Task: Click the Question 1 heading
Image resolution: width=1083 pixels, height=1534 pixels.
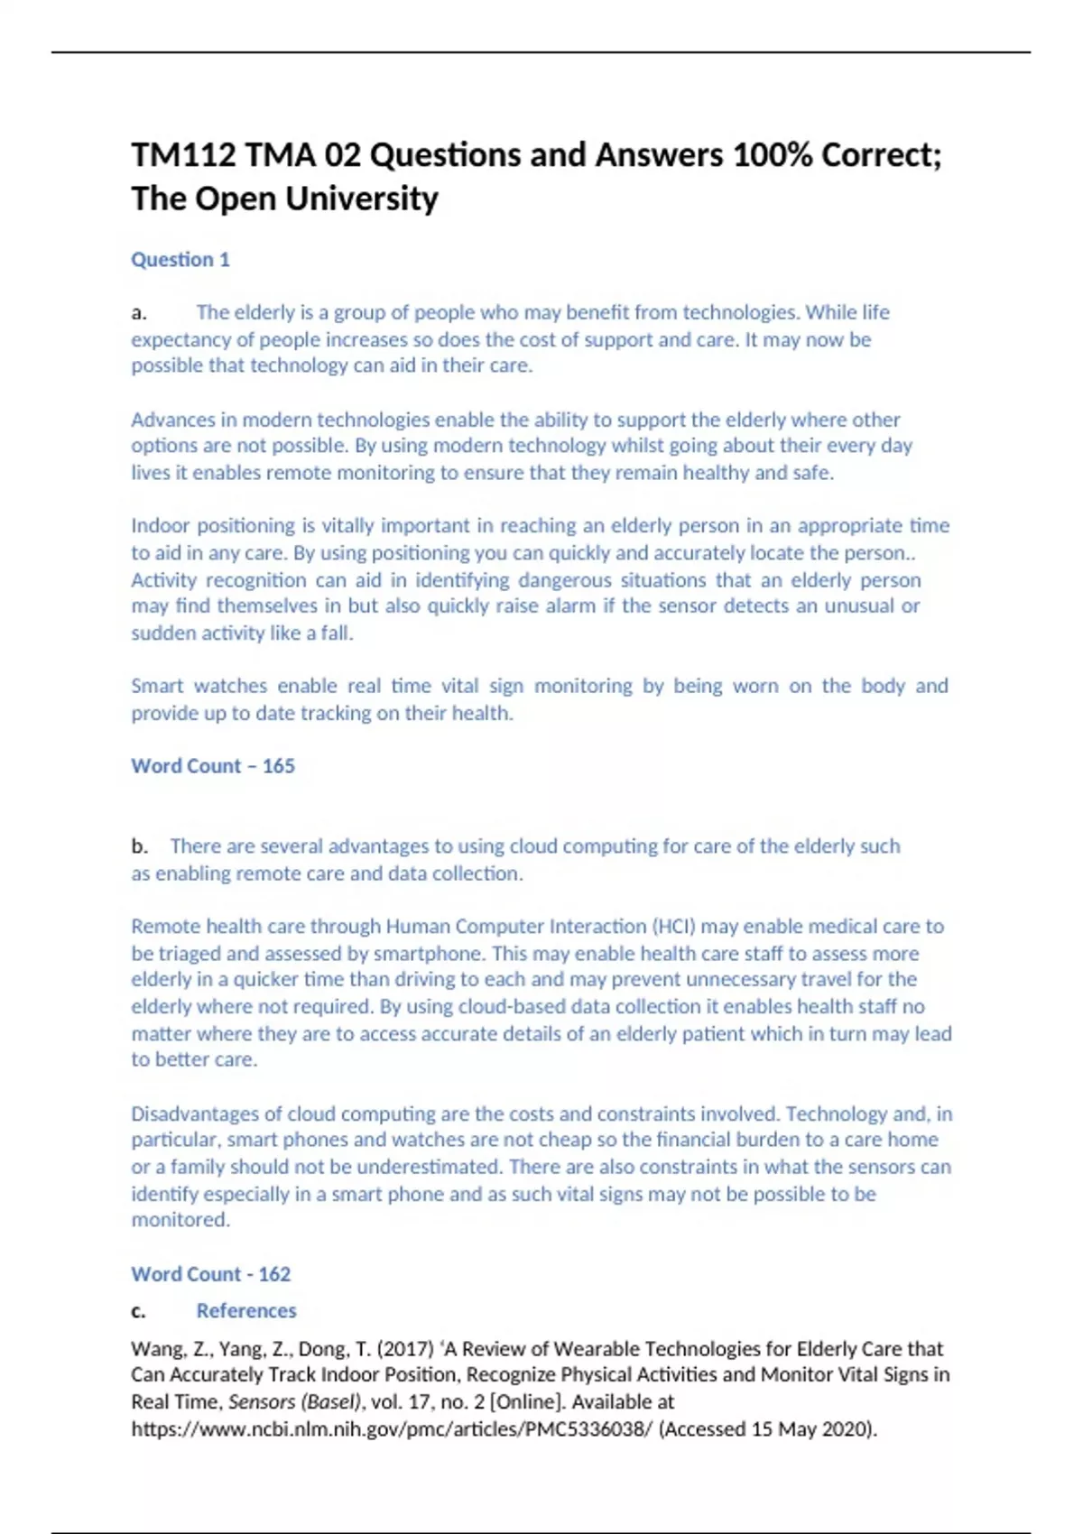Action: [180, 260]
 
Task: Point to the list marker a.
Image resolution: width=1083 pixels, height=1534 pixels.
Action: [139, 313]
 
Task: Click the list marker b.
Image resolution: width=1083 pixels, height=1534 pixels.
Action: [139, 846]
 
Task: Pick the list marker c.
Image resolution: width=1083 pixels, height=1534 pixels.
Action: [139, 1311]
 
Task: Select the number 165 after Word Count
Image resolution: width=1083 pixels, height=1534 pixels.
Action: [279, 766]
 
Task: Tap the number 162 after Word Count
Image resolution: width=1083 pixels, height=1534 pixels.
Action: [274, 1274]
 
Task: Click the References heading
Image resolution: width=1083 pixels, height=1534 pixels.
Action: [246, 1311]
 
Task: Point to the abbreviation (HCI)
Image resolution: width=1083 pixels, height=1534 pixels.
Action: [672, 927]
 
